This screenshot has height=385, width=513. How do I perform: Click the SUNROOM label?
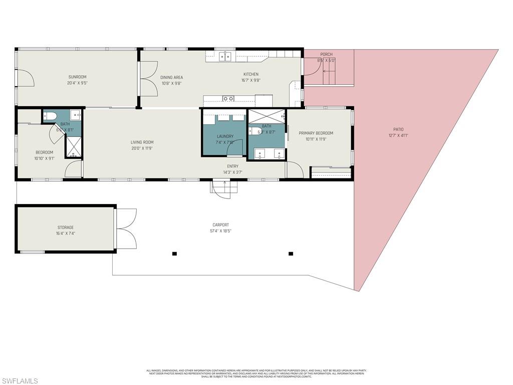(x=77, y=77)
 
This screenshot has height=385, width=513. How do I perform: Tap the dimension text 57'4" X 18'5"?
(x=220, y=231)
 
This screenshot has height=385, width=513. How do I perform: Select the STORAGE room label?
(x=65, y=228)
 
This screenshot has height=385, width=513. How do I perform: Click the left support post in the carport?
(x=174, y=254)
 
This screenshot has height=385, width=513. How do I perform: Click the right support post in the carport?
(x=291, y=254)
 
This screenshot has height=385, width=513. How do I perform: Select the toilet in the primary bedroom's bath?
(x=255, y=131)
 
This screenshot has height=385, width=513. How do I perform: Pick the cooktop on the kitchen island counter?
(x=228, y=99)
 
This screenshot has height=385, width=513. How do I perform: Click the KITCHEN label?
(x=251, y=74)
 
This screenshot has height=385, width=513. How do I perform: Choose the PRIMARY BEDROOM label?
(x=316, y=133)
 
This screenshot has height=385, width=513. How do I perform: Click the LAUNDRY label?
(x=225, y=136)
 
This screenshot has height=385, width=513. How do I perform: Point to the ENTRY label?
(x=232, y=166)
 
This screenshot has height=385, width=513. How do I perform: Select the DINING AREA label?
(x=171, y=77)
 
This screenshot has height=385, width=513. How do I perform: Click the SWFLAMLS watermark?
(x=19, y=381)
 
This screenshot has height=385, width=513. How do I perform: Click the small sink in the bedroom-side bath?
(x=75, y=115)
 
